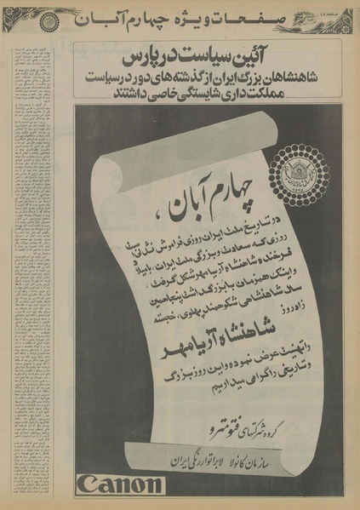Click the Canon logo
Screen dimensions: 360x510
(119, 486)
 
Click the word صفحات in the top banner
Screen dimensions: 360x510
(263, 17)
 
